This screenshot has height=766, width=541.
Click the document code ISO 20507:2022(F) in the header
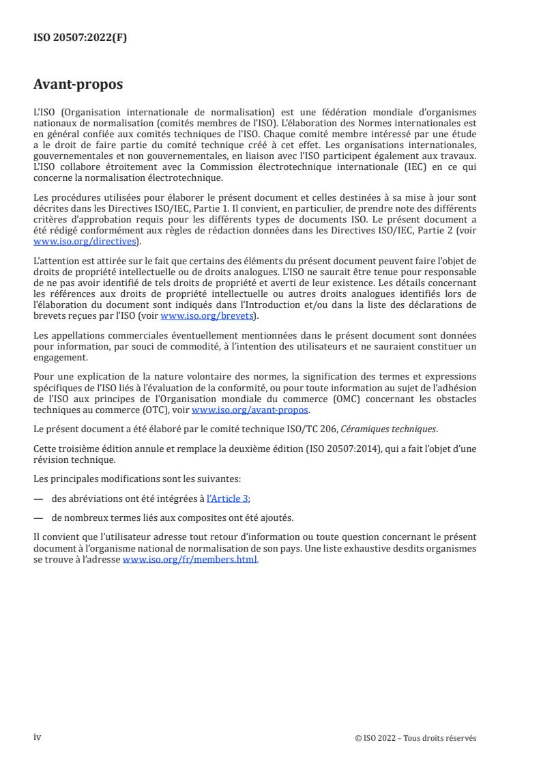(81, 38)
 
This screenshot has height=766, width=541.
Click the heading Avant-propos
(78, 85)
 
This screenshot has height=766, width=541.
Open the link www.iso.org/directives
(86, 241)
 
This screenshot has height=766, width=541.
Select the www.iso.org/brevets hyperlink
(206, 315)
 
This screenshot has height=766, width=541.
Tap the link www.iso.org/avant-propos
(250, 410)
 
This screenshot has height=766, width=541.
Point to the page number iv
(38, 737)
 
